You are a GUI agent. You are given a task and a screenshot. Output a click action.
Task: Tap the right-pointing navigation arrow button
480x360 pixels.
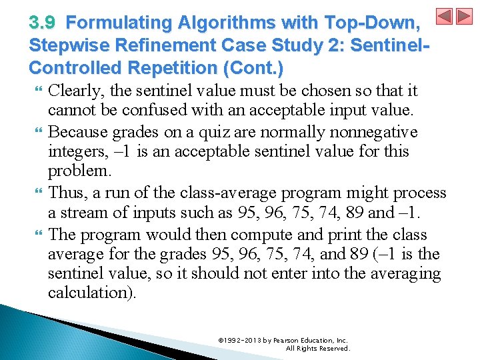(x=464, y=16)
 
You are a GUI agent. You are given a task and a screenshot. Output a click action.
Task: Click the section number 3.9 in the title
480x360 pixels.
(x=43, y=23)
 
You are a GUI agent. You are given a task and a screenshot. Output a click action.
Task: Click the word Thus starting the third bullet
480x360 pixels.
(x=65, y=193)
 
